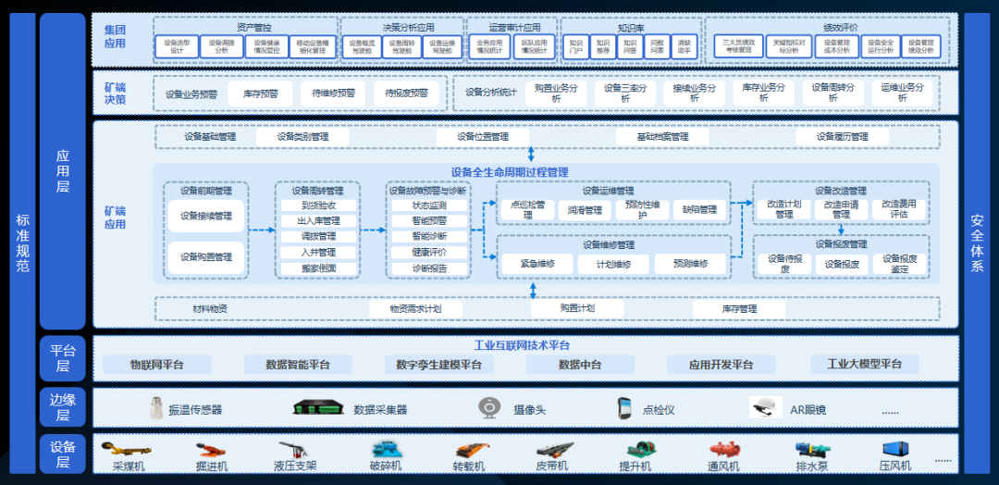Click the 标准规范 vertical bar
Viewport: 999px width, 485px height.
pos(22,242)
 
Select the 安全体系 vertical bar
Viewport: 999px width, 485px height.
pos(977,242)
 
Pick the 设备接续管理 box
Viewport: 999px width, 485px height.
pos(206,217)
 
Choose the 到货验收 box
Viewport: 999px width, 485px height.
pos(318,205)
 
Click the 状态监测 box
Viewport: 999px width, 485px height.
pos(428,205)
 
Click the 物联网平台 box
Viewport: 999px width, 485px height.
pos(156,365)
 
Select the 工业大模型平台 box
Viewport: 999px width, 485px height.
pos(864,365)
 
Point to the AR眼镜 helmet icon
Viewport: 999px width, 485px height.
pos(764,407)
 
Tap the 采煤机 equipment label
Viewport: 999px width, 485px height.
pos(129,466)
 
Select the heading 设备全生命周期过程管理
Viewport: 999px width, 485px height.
pos(510,172)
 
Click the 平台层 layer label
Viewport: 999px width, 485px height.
pos(63,358)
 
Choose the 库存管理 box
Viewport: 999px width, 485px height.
pos(737,308)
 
